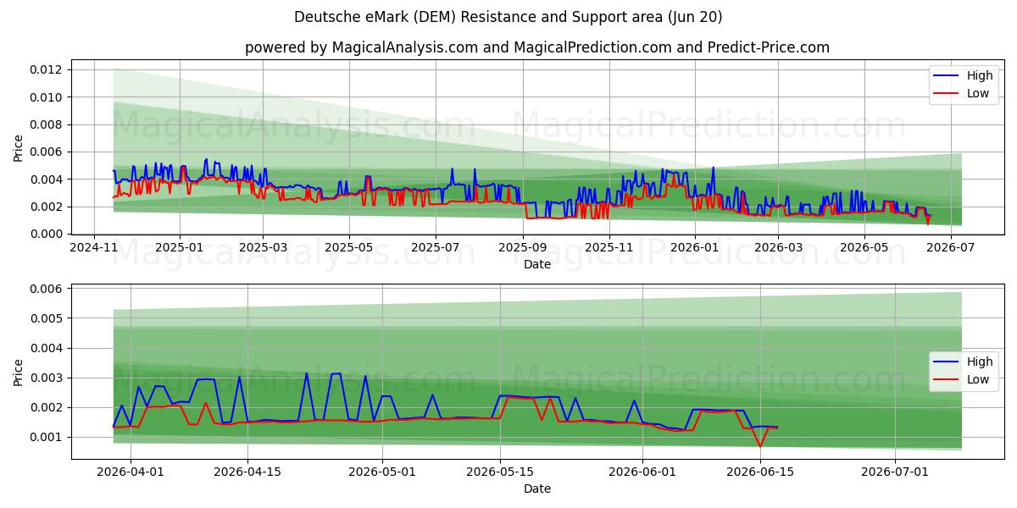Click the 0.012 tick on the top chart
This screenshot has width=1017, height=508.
point(46,69)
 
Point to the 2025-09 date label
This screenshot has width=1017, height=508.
point(522,247)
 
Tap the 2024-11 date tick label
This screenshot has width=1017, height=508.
point(93,247)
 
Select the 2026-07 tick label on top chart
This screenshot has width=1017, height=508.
point(951,247)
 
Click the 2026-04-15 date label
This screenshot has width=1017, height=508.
point(247,472)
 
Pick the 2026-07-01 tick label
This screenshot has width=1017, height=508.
point(895,472)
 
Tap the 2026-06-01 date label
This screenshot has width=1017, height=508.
point(642,472)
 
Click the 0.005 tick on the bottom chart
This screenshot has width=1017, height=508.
point(46,318)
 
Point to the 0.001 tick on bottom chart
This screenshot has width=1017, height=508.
point(46,438)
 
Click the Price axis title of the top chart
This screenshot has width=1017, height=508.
point(18,148)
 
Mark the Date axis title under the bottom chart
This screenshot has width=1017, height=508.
point(537,489)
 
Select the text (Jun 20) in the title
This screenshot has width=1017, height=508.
point(695,17)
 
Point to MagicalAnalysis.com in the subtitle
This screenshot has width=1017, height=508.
point(405,47)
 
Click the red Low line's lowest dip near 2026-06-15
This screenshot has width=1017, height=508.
point(760,447)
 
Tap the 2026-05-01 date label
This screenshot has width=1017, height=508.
point(382,472)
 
